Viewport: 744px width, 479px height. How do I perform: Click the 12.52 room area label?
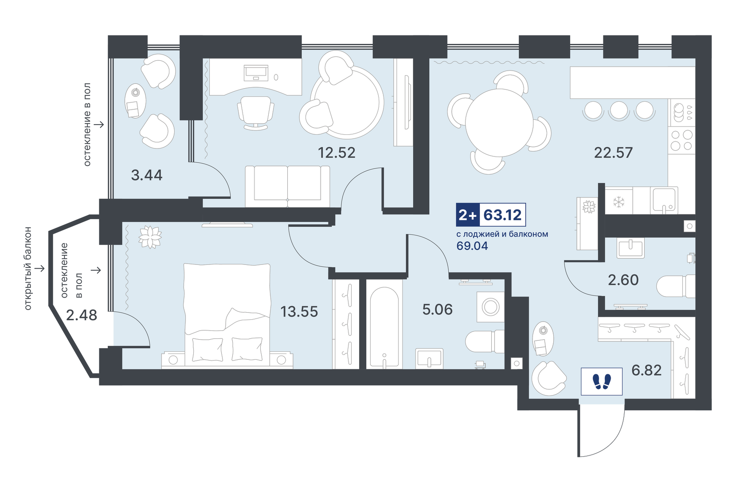[x=337, y=153]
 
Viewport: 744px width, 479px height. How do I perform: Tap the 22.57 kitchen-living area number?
[x=613, y=153]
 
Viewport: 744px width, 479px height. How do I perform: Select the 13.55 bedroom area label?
[x=299, y=312]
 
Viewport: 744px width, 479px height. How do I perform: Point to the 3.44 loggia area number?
[x=146, y=175]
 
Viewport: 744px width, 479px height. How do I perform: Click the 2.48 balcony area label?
[x=82, y=315]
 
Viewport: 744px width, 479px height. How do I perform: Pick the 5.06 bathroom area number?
[x=437, y=310]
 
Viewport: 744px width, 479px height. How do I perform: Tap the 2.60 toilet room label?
[x=623, y=280]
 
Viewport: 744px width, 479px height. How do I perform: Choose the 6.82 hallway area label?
[x=646, y=370]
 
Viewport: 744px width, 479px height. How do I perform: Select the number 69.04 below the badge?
[x=472, y=246]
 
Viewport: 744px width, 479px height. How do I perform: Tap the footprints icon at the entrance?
[x=602, y=381]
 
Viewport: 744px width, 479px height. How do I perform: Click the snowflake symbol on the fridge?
[x=619, y=202]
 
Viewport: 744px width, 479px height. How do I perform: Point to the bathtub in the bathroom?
[x=384, y=327]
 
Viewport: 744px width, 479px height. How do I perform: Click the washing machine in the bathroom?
[x=490, y=306]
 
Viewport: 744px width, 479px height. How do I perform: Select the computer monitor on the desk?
[x=256, y=73]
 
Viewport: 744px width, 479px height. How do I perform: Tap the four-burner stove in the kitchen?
[x=681, y=140]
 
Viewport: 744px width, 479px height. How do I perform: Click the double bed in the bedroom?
[x=227, y=316]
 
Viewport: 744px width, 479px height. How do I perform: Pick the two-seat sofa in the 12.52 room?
[x=287, y=186]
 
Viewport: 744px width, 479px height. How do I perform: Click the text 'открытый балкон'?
[x=28, y=268]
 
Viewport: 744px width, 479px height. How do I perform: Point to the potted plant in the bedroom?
[x=150, y=237]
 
